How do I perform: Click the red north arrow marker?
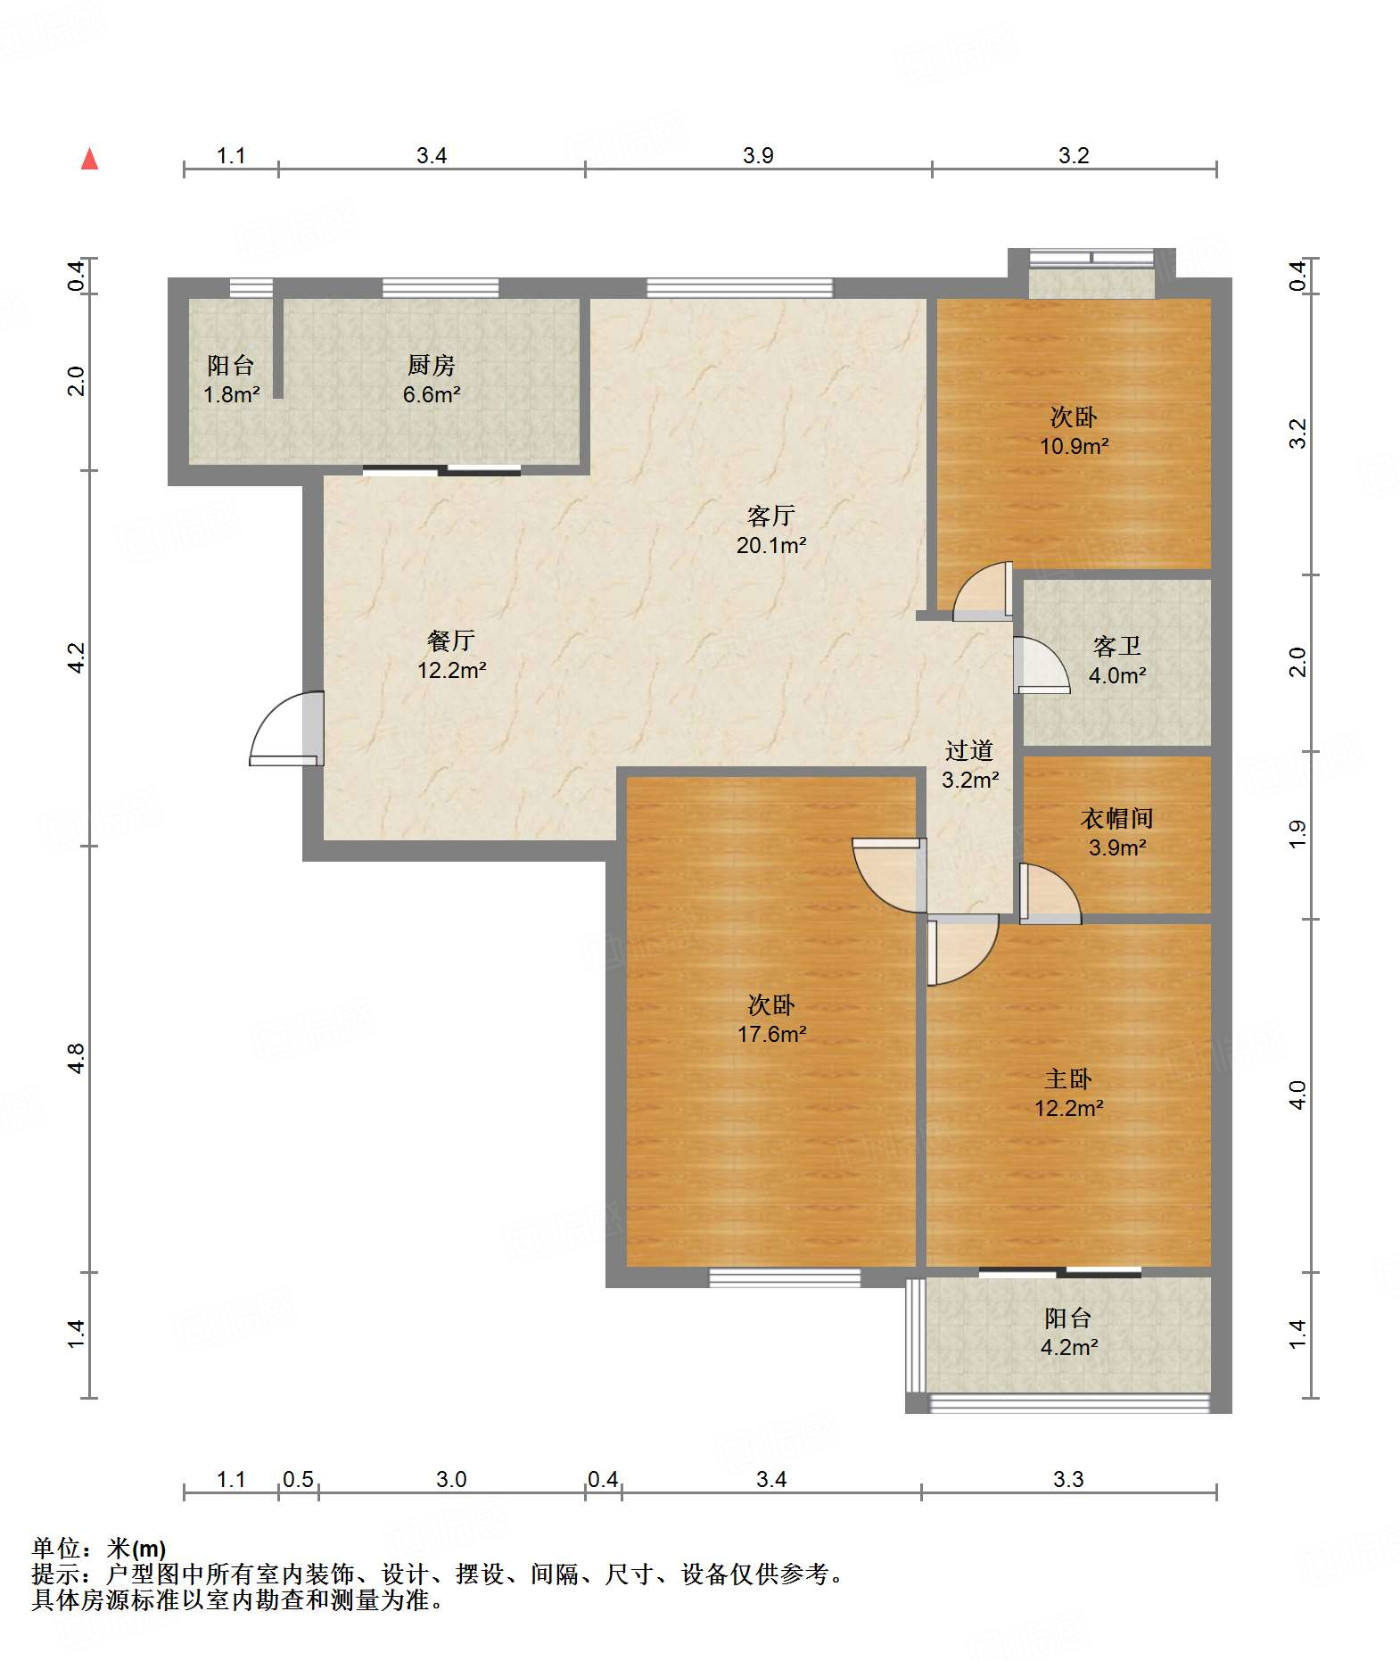(x=90, y=159)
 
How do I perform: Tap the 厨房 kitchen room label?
(x=432, y=365)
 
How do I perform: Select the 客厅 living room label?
(x=771, y=516)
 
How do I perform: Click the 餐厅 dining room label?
(x=451, y=640)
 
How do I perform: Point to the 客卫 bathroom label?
(x=1117, y=646)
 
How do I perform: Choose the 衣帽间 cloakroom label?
(x=1117, y=818)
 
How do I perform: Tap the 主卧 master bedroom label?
(x=1068, y=1079)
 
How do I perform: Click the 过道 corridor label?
(x=969, y=751)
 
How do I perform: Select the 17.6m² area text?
(x=771, y=1034)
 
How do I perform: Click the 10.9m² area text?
(x=1074, y=446)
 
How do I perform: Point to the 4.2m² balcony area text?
(x=1068, y=1347)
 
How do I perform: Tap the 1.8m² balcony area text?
(x=231, y=394)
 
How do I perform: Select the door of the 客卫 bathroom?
(x=1042, y=665)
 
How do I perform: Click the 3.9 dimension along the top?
(x=758, y=155)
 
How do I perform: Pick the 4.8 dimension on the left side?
(x=76, y=1059)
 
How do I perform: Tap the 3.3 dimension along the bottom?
(x=1068, y=1480)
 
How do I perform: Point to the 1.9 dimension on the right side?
(x=1297, y=833)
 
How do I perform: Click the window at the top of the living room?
(x=739, y=287)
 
